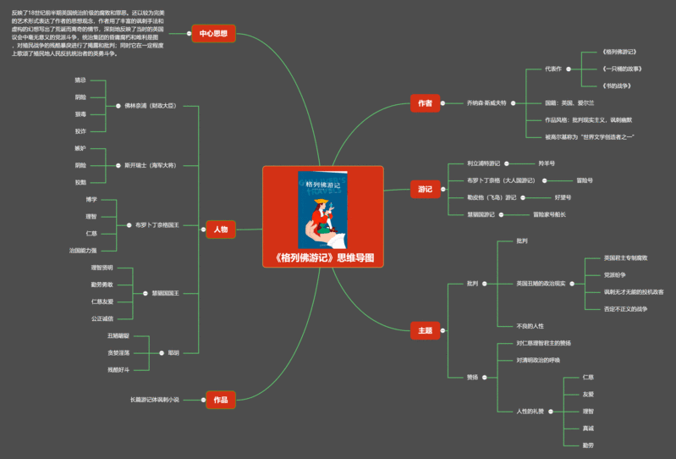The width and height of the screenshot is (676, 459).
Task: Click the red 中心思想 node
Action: pyautogui.click(x=213, y=33)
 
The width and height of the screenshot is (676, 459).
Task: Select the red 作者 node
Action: pyautogui.click(x=425, y=103)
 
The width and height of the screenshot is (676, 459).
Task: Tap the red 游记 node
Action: pyautogui.click(x=425, y=189)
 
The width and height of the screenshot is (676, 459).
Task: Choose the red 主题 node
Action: pyautogui.click(x=425, y=330)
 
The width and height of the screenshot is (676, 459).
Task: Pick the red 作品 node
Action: pyautogui.click(x=220, y=398)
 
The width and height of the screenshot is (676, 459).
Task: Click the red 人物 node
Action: pyautogui.click(x=220, y=229)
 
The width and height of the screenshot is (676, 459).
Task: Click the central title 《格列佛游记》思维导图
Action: pyautogui.click(x=323, y=257)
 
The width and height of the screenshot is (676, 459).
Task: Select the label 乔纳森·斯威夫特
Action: pyautogui.click(x=486, y=103)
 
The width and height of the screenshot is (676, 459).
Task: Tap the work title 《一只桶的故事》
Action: pyautogui.click(x=621, y=69)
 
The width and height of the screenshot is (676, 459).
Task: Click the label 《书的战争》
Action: pyautogui.click(x=616, y=86)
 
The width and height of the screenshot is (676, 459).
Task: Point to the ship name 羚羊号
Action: pyautogui.click(x=547, y=163)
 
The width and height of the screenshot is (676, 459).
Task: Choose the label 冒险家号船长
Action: pyautogui.click(x=549, y=214)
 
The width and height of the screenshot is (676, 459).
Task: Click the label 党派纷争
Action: pyautogui.click(x=615, y=274)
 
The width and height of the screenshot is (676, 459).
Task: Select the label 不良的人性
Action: pyautogui.click(x=530, y=326)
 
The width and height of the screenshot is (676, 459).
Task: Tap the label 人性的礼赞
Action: pyautogui.click(x=531, y=411)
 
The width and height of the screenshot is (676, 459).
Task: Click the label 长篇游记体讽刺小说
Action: pyautogui.click(x=155, y=399)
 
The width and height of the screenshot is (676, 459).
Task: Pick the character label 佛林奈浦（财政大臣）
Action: pyautogui.click(x=150, y=106)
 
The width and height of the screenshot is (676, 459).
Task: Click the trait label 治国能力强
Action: pyautogui.click(x=83, y=251)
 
